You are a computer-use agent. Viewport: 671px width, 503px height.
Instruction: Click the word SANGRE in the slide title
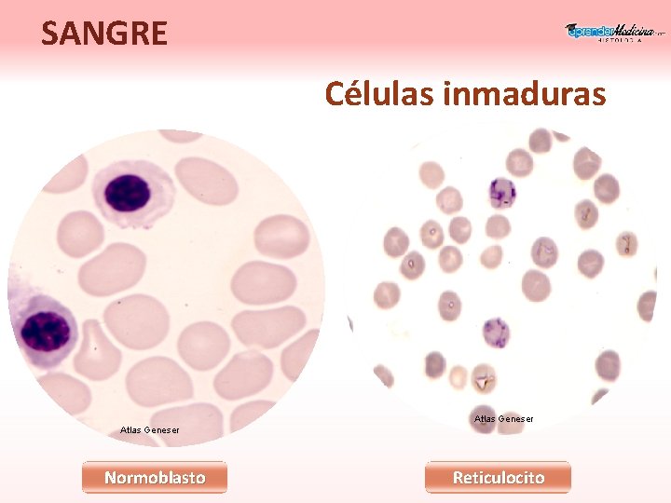coord(104,34)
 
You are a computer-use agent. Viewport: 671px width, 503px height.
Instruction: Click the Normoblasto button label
coord(155,478)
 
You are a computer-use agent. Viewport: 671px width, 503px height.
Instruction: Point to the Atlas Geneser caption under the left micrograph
coord(150,429)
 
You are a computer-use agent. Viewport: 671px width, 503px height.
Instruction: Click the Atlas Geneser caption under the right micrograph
coord(503,419)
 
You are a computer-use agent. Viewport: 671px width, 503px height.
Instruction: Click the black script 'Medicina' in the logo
coord(634,31)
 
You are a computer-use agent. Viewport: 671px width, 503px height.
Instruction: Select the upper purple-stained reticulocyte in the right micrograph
coord(502,193)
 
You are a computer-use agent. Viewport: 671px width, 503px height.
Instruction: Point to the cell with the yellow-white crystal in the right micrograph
coord(484,380)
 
